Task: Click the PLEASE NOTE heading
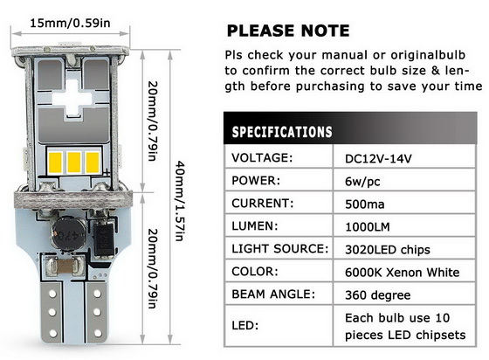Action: point(288,31)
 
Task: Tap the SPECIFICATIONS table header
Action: point(282,132)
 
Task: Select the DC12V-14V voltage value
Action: point(378,159)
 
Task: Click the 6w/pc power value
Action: point(362,182)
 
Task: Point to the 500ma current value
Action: point(365,204)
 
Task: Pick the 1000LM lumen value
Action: point(368,227)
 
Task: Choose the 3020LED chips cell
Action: point(388,250)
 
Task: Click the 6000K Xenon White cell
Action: point(402,273)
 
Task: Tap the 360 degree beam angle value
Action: point(377,295)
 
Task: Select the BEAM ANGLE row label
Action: point(273,294)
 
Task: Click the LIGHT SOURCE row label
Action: point(280,249)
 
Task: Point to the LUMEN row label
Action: point(254,225)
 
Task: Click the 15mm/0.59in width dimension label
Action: point(70,23)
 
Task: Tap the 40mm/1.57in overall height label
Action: point(180,201)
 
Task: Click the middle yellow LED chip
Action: point(74,163)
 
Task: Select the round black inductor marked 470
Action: point(68,234)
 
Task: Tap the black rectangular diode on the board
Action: point(104,237)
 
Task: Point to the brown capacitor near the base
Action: point(65,267)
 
